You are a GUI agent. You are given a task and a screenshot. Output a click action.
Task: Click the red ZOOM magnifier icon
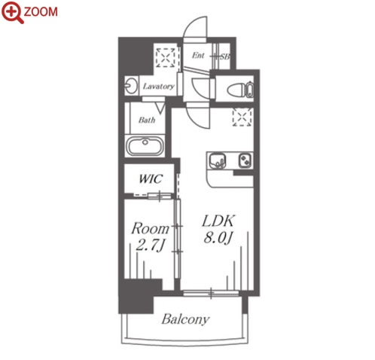tap(12, 12)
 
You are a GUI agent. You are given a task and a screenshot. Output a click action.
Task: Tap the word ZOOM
tap(41, 12)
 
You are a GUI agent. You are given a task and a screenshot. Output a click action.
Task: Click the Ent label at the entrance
tap(198, 55)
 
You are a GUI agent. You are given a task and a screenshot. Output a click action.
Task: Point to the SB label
tap(225, 56)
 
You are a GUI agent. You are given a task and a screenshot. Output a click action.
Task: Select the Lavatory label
tap(158, 87)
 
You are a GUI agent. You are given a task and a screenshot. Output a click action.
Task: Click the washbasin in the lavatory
tap(131, 86)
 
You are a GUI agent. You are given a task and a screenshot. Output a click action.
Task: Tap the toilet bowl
tap(236, 90)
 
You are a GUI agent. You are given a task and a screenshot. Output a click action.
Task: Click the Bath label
tap(147, 120)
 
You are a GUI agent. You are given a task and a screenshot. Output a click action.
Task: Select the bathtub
tap(145, 146)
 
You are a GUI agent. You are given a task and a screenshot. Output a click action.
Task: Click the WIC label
tap(151, 178)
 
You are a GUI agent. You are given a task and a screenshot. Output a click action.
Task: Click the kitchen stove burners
tap(245, 160)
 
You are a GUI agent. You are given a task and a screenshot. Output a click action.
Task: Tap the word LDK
tap(218, 221)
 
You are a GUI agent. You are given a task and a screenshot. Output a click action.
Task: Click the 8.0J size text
tap(218, 237)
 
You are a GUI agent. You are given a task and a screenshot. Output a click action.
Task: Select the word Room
tap(150, 228)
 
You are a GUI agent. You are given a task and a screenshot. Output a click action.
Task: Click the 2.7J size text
tap(150, 246)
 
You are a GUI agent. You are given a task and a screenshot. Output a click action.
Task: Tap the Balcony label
tap(185, 319)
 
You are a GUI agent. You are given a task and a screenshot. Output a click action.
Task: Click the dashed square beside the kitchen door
tap(242, 117)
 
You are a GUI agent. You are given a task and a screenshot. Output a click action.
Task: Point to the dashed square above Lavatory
tap(166, 58)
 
